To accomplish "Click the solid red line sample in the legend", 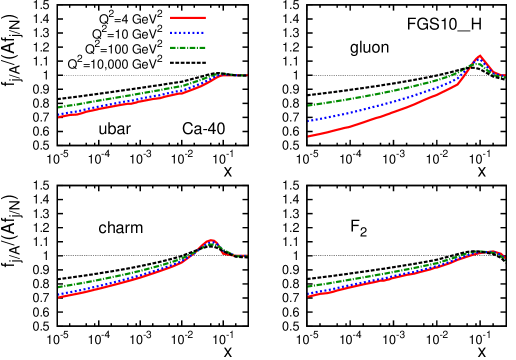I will (187, 17).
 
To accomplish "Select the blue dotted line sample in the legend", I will (187, 32).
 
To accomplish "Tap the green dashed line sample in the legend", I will (187, 47).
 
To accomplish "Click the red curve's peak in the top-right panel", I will (479, 56).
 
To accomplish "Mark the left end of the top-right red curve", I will (309, 136).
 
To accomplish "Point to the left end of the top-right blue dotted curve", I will (309, 121).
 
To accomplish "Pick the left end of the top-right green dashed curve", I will (309, 105).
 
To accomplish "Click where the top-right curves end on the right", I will (504, 76).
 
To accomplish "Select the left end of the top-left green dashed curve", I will (59, 107).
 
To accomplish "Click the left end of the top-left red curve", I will (59, 117).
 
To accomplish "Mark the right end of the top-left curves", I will (246, 75).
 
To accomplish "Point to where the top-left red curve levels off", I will (219, 76).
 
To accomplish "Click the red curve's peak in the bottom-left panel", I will (210, 241).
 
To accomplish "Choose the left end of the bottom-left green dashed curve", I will (59, 287).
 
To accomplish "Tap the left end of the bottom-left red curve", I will (59, 297).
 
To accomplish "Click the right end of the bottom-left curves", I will (246, 255).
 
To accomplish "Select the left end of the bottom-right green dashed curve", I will (309, 287).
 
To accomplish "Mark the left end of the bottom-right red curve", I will (309, 296).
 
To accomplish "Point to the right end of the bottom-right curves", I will (504, 257).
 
